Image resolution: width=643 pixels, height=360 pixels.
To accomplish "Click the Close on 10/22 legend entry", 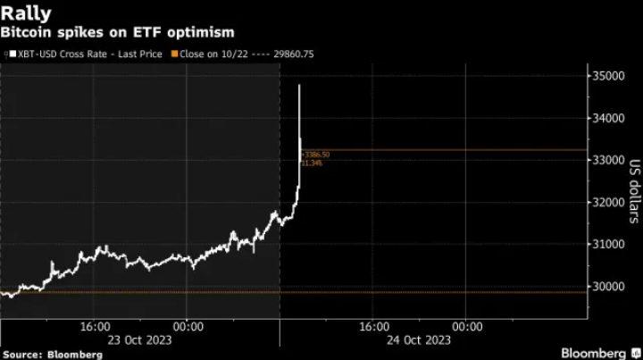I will (x=219, y=54).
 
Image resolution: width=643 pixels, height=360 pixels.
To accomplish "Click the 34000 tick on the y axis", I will (x=609, y=118).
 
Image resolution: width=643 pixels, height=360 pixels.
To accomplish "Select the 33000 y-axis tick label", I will (x=609, y=160).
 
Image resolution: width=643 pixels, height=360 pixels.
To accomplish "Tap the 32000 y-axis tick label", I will (x=609, y=202).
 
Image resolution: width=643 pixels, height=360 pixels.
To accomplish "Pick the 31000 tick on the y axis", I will (x=609, y=244).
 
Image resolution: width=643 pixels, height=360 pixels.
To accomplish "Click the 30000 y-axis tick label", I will (x=609, y=286).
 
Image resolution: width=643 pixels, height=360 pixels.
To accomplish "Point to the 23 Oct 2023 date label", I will (x=140, y=339).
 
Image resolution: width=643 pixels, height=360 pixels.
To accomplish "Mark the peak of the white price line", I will (x=299, y=85).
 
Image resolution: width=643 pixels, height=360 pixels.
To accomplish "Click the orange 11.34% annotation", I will (x=312, y=163).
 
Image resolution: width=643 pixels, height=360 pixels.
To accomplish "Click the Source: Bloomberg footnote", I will (x=52, y=354).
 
